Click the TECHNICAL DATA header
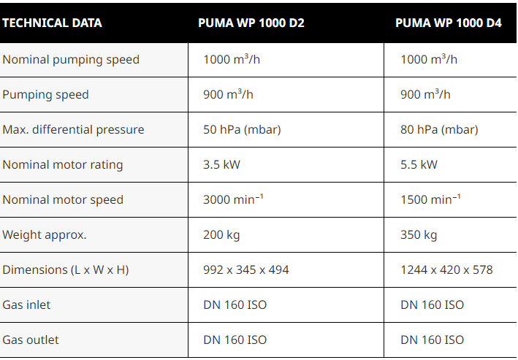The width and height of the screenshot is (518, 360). [x=52, y=23]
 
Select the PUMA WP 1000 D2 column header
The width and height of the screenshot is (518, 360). [x=251, y=23]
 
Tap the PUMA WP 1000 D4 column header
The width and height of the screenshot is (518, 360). [x=449, y=23]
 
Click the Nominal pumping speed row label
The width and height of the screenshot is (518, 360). [x=71, y=60]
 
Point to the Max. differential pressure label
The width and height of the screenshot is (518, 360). [x=73, y=130]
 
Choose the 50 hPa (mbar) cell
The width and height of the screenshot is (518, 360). [x=242, y=130]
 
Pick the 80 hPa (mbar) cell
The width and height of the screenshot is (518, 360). [x=439, y=130]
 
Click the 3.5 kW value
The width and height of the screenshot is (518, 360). [x=221, y=165]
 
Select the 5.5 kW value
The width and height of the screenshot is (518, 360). [x=419, y=165]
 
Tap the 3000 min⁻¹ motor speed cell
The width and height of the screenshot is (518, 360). [x=233, y=200]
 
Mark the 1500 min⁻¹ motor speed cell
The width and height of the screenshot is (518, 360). [x=430, y=200]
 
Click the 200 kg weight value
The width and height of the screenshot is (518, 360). [x=221, y=235]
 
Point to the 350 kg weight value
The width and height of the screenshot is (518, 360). [x=419, y=235]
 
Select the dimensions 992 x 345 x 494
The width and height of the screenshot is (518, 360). [x=246, y=270]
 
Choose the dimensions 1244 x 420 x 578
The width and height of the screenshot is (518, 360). [x=446, y=270]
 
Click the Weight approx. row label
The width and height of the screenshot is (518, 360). [x=44, y=235]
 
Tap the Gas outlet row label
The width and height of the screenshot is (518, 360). [x=31, y=340]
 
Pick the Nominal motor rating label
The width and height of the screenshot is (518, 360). [x=63, y=165]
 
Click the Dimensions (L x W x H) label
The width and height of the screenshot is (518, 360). [x=65, y=270]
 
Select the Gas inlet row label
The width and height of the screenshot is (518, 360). [x=26, y=305]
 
